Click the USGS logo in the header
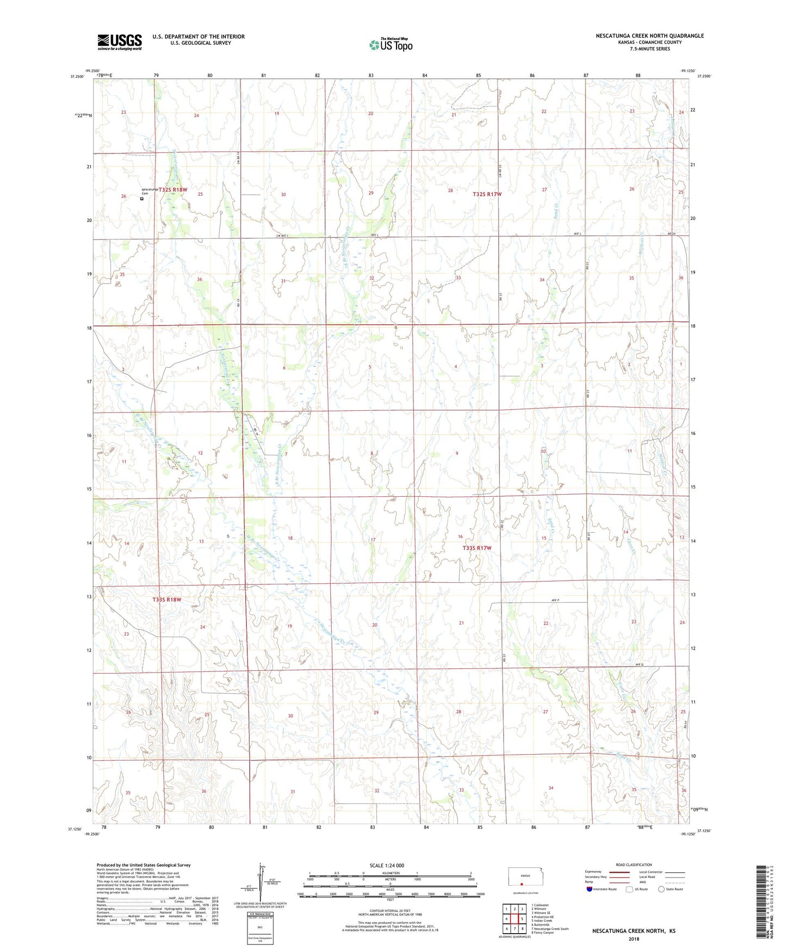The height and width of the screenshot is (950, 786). coord(120,42)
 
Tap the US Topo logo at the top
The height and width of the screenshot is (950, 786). coord(391,45)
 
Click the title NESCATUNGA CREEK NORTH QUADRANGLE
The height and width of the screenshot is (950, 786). coord(649,36)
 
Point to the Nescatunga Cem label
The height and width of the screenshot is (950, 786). coord(150,191)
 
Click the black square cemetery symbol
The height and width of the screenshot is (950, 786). coord(142,199)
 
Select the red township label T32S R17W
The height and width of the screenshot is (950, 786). coord(487,194)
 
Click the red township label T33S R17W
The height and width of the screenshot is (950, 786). coord(477,548)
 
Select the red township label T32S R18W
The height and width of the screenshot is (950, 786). coord(173,190)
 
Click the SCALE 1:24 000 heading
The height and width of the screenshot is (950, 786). coord(386,866)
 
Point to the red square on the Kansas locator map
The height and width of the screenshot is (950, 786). coord(521,884)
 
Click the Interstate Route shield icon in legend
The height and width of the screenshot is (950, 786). coord(590,889)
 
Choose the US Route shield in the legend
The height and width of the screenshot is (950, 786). coord(630,889)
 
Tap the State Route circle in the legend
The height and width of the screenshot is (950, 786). coord(661,889)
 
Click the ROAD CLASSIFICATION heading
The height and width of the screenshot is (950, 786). coord(634,865)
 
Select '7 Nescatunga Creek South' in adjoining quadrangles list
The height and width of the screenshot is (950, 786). coord(549,929)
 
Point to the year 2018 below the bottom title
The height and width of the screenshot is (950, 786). coord(634,939)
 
